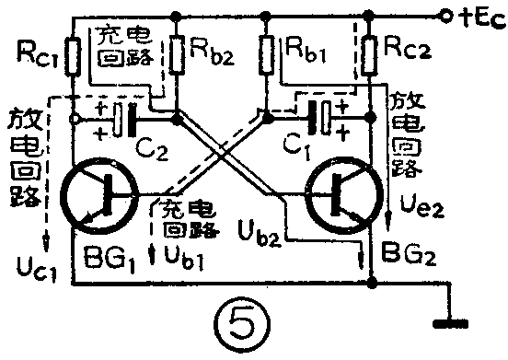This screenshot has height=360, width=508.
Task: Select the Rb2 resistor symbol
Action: [176, 56]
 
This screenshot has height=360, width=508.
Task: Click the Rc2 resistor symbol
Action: [369, 57]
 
